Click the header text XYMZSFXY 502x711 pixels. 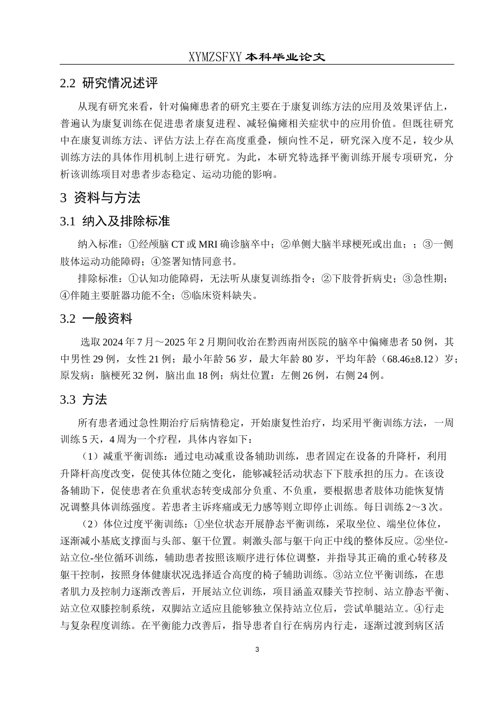215,57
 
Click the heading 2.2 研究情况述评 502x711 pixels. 109,83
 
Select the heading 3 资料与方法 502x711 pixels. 100,198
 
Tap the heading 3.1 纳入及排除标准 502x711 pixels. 115,221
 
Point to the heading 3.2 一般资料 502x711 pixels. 96,318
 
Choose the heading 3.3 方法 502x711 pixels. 83,399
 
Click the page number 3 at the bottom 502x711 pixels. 257,649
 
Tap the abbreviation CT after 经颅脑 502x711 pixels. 178,244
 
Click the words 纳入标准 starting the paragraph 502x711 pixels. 96,244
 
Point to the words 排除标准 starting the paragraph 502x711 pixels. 96,279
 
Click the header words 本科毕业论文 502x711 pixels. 285,57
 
